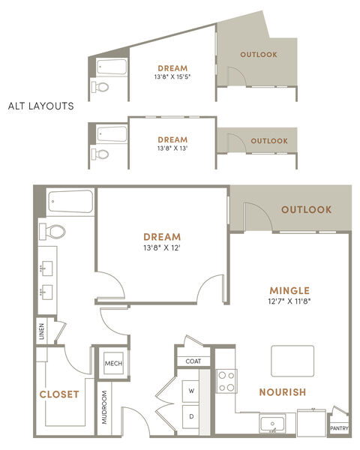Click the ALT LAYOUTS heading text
point(41,106)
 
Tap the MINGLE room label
point(289,291)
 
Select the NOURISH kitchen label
point(283,392)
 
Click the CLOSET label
point(59,394)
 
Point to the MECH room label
point(113,364)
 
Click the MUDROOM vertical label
point(104,407)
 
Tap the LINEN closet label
point(42,331)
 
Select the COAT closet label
point(193,361)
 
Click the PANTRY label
point(339,428)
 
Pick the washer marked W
point(191,391)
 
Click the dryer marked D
point(191,417)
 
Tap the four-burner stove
point(226,381)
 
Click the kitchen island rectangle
point(292,361)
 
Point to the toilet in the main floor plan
point(52,232)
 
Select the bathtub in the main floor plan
point(70,202)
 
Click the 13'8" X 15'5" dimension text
point(172,77)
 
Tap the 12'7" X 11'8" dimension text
point(289,301)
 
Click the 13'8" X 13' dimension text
point(172,148)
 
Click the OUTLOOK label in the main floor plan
point(307,209)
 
